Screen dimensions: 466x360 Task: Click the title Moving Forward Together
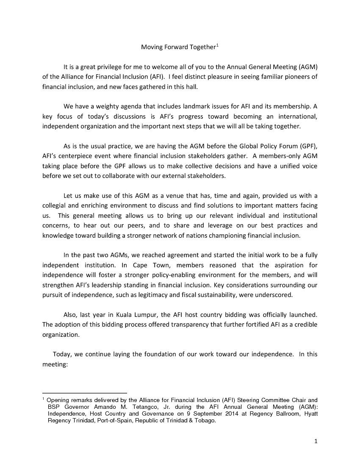(178, 47)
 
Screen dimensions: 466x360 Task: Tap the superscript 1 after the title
(217, 44)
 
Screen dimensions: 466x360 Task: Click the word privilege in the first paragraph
(109, 67)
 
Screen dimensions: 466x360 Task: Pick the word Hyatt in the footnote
(308, 414)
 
